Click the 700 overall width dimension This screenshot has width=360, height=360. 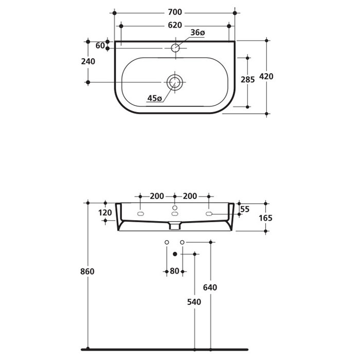tap(175, 11)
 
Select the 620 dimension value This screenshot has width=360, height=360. tap(175, 25)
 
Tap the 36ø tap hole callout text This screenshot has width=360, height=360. tap(197, 33)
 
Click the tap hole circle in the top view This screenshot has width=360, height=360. tap(175, 48)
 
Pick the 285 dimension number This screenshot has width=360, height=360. tap(248, 80)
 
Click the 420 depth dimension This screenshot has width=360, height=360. tap(266, 77)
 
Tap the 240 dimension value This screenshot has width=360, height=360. tap(88, 61)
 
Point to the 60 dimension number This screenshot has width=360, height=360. tap(100, 46)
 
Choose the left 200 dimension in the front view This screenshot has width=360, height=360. tap(157, 196)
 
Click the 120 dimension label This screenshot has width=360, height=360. tap(105, 212)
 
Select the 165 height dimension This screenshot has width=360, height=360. tap(266, 218)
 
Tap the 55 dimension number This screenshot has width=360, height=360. tap(245, 209)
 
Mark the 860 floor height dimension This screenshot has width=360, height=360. tap(88, 272)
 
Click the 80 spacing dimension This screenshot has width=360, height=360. tap(175, 271)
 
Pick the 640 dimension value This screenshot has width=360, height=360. tap(210, 287)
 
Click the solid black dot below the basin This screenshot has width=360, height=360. tap(175, 254)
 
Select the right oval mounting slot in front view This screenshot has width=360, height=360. tap(209, 213)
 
